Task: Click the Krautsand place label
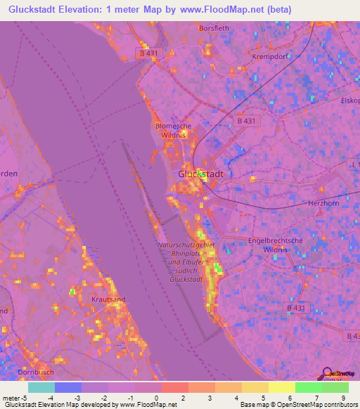(109, 299)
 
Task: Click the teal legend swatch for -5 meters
(41, 387)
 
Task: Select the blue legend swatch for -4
(68, 387)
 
